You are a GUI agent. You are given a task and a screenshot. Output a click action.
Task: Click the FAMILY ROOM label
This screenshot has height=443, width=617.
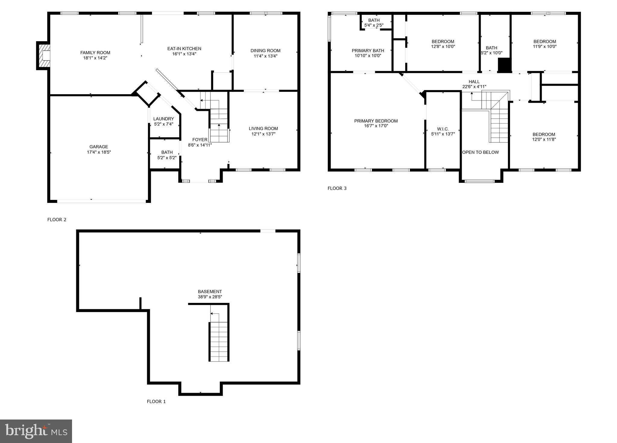coord(95,53)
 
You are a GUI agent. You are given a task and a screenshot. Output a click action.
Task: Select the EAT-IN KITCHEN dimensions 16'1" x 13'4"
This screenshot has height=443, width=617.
coord(184,54)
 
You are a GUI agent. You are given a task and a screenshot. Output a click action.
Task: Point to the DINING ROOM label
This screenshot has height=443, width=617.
coord(265,51)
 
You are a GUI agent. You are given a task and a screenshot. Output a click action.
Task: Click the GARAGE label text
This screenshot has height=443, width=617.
coord(99,147)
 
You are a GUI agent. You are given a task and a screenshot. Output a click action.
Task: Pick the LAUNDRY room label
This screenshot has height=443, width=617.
coord(163,119)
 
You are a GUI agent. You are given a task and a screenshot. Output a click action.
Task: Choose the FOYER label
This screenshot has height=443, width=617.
coord(200,140)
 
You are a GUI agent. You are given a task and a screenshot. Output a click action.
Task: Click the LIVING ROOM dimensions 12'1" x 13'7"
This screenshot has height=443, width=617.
coord(263,134)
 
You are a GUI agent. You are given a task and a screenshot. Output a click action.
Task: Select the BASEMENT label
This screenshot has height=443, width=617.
coord(210,292)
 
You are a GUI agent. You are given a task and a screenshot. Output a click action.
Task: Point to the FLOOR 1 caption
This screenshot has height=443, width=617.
coord(156,401)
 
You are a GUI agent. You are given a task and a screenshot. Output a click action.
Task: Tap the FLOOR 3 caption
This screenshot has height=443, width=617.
coord(337,189)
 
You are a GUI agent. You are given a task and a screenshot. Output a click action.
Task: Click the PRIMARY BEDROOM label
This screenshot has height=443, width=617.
coord(376,121)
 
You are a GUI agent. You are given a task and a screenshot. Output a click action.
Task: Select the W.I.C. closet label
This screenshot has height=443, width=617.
coord(443,129)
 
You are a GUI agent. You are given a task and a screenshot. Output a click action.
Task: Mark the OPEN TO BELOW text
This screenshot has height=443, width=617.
coord(480,152)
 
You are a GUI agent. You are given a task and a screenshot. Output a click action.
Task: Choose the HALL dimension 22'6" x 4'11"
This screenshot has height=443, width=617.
coord(474,87)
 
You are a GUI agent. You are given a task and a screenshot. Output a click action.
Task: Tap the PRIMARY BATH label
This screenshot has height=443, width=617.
coord(368,51)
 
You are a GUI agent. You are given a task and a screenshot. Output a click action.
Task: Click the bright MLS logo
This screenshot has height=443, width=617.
coord(36,431)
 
